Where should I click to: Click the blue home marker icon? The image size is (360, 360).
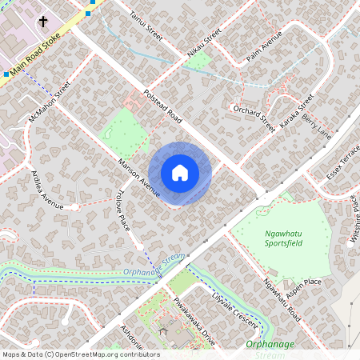tap(180, 173)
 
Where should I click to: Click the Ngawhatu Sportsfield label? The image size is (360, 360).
tap(284, 238)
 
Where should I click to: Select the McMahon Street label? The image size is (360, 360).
tap(50, 102)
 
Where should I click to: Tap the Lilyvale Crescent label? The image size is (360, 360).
tap(233, 310)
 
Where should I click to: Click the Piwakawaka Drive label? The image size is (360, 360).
tap(194, 320)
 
